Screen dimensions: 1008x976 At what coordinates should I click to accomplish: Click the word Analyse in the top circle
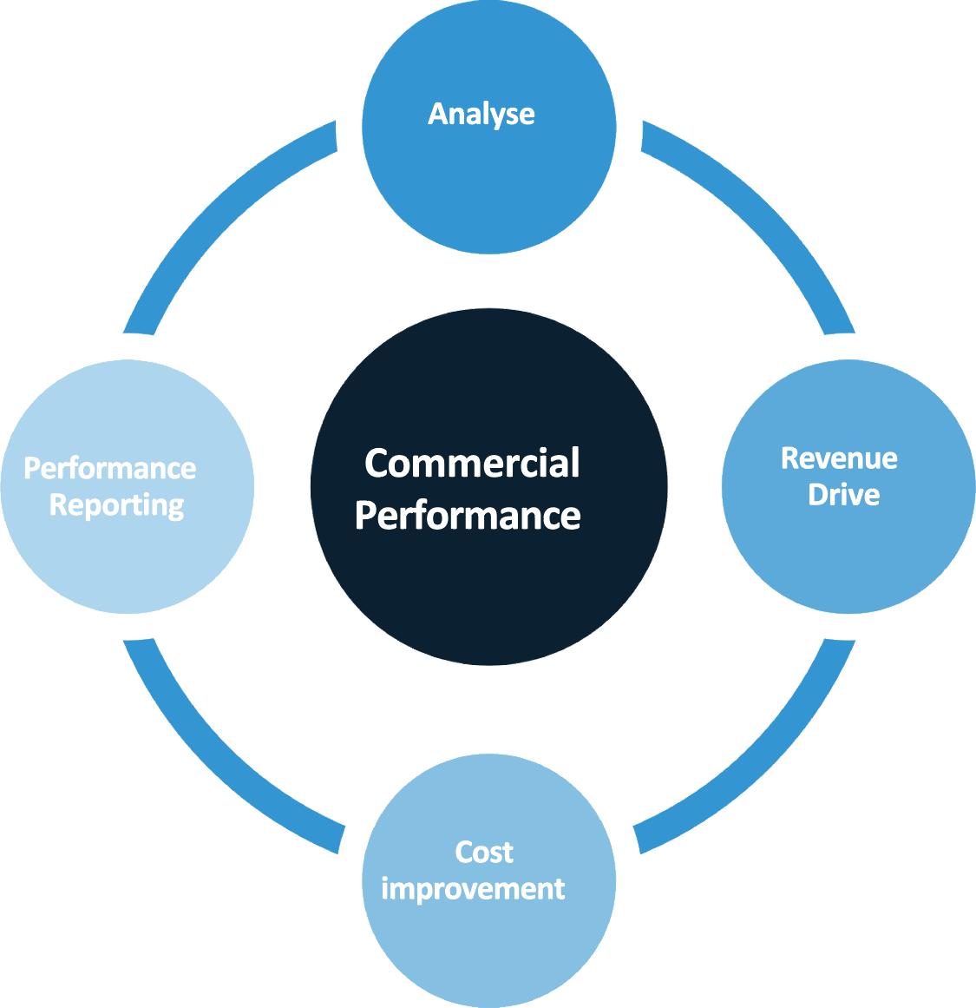click(481, 114)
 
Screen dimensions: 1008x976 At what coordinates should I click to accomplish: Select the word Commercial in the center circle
click(472, 463)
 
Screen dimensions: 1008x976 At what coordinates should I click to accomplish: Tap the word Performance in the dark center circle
click(468, 516)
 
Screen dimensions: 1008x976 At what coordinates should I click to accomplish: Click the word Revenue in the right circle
click(839, 458)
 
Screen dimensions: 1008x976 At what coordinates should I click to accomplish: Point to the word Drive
click(843, 495)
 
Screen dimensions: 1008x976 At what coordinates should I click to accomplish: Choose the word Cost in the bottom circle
click(484, 852)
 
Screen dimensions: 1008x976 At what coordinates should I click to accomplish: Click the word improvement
click(473, 889)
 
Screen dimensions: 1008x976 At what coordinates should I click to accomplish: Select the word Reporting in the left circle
click(116, 505)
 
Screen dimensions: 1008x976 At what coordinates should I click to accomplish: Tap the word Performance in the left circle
click(110, 468)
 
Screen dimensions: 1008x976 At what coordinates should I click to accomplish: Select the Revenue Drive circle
click(848, 547)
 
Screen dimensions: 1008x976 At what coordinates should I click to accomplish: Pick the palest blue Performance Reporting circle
click(128, 556)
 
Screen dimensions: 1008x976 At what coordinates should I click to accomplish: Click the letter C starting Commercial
click(377, 463)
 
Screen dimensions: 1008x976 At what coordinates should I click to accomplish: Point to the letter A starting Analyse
click(439, 114)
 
